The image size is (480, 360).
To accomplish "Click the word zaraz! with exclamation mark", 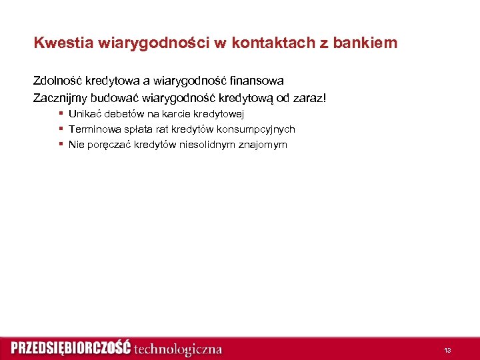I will coord(310,98).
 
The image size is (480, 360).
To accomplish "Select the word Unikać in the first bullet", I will coord(84,114).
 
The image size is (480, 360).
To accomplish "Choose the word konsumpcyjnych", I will coord(257,129).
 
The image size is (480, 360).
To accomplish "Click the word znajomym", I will coord(264,145).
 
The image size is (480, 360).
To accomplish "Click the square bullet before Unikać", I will coord(61,113).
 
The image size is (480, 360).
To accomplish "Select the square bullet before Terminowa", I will coord(61,129).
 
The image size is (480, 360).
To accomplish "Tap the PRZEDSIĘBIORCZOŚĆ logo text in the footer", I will coord(70,349).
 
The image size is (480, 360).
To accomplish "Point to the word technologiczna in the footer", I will coord(178,349).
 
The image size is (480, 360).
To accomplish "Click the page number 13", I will coord(447,350).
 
